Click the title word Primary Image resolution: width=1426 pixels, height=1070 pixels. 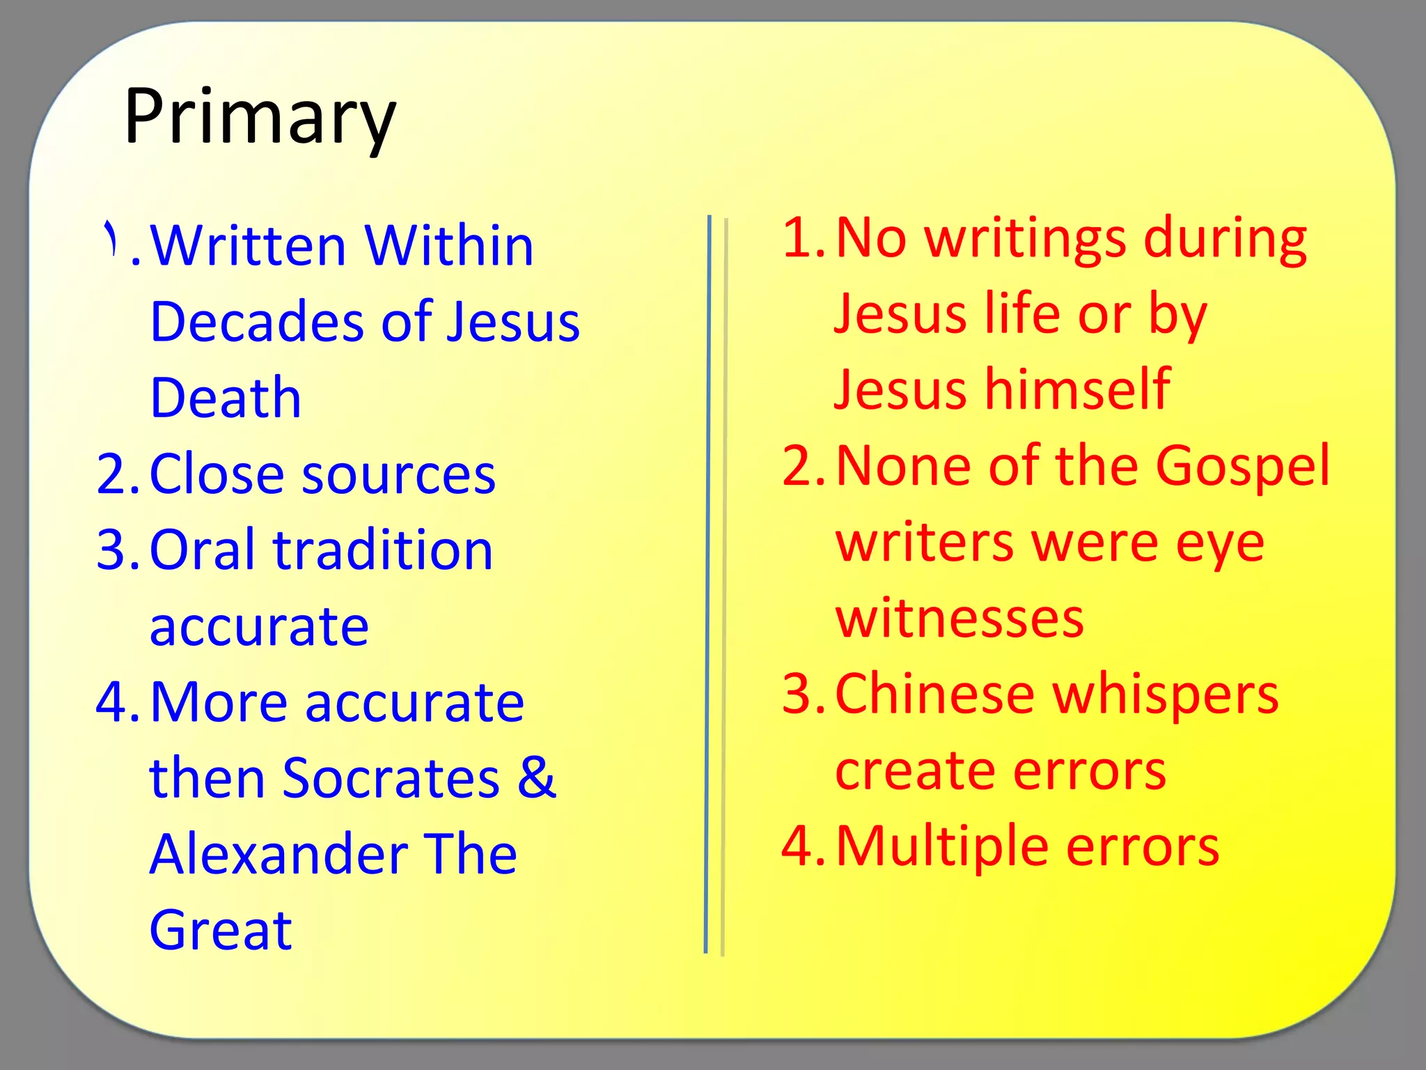click(x=260, y=116)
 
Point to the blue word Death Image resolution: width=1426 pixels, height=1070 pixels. click(x=226, y=398)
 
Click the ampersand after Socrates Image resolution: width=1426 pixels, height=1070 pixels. click(x=536, y=777)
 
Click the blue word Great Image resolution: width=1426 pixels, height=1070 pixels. click(x=221, y=930)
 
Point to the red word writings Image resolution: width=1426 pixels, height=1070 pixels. click(x=1025, y=238)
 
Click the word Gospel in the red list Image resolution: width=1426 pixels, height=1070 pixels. click(x=1243, y=465)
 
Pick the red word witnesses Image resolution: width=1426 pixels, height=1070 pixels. click(x=959, y=618)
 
